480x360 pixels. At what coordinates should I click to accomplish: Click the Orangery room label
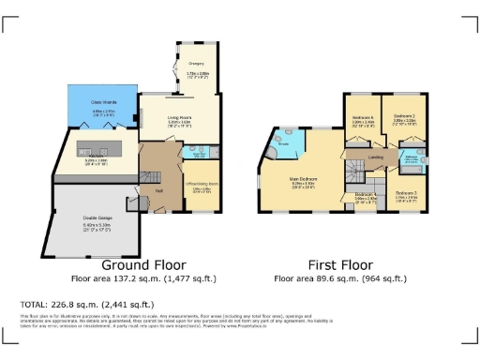196,64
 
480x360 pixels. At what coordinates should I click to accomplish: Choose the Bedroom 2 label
404,117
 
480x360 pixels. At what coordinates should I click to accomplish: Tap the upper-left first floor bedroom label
363,117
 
